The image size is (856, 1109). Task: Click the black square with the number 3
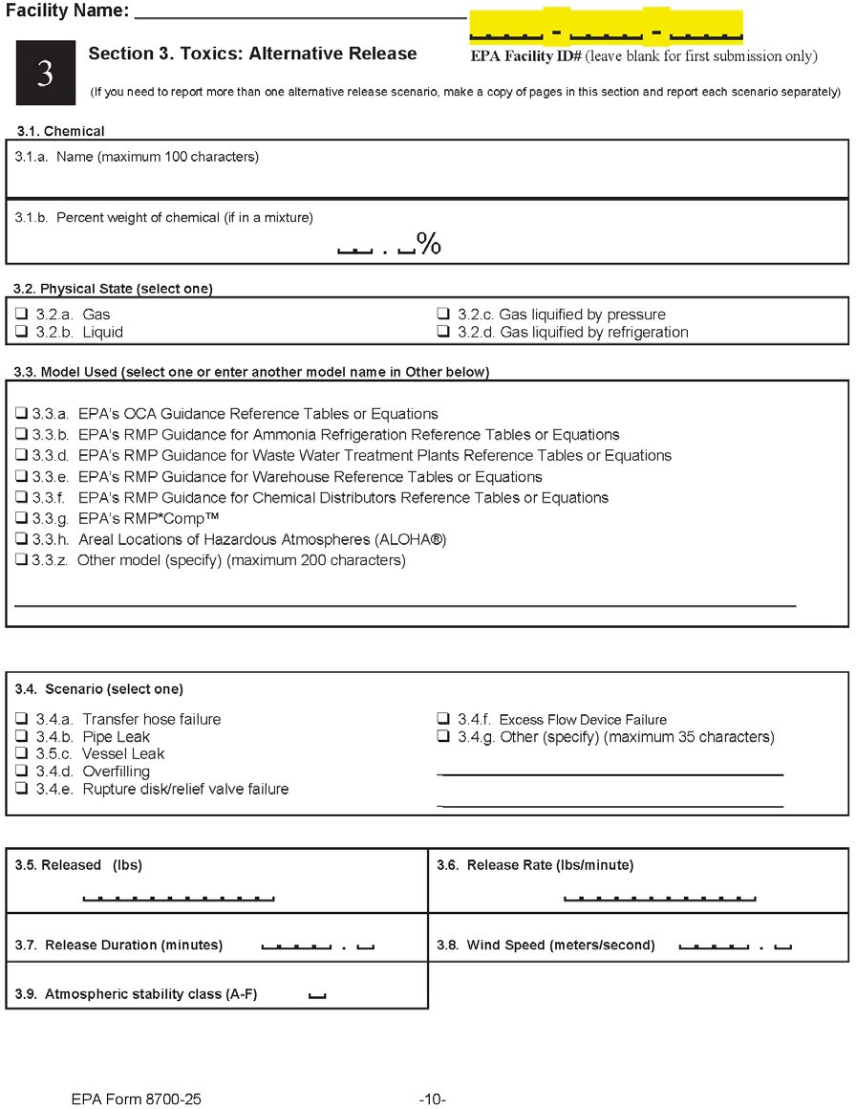pyautogui.click(x=45, y=75)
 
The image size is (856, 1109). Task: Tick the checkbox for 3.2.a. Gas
pyautogui.click(x=21, y=315)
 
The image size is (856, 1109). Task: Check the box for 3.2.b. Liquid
pyautogui.click(x=21, y=333)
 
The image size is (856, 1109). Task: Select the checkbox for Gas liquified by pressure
pyautogui.click(x=443, y=315)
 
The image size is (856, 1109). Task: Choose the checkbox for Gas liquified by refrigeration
pyautogui.click(x=443, y=333)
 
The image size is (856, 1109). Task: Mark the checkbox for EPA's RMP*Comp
pyautogui.click(x=21, y=519)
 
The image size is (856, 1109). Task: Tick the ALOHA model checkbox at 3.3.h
pyautogui.click(x=21, y=540)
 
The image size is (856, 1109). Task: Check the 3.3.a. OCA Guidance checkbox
pyautogui.click(x=21, y=414)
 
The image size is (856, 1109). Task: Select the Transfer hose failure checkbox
pyautogui.click(x=21, y=719)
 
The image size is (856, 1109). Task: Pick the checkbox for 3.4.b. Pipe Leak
pyautogui.click(x=21, y=737)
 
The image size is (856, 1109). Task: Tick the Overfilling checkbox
pyautogui.click(x=21, y=772)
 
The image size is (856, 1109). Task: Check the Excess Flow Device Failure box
pyautogui.click(x=443, y=719)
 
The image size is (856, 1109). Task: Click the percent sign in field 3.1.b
pyautogui.click(x=428, y=245)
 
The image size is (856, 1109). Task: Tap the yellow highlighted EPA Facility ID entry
pyautogui.click(x=606, y=28)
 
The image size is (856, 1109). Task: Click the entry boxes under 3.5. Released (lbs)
pyautogui.click(x=179, y=898)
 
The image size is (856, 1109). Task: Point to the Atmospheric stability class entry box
pyautogui.click(x=317, y=996)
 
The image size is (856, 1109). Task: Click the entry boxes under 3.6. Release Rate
pyautogui.click(x=660, y=898)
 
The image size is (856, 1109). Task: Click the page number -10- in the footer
pyautogui.click(x=433, y=1099)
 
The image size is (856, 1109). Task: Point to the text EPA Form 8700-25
pyautogui.click(x=136, y=1099)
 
